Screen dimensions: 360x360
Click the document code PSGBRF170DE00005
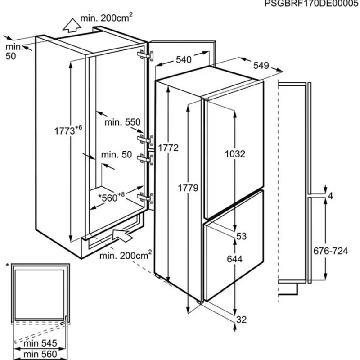(312, 4)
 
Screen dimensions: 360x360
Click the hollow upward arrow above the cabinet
(72, 25)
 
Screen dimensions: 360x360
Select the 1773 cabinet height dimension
(68, 130)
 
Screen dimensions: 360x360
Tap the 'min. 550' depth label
(122, 122)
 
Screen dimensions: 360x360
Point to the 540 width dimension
(184, 60)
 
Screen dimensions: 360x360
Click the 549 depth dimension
(261, 66)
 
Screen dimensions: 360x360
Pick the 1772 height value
(168, 148)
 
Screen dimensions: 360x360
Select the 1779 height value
(188, 188)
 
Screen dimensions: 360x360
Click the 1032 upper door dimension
(235, 154)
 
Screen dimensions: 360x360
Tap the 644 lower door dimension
(234, 259)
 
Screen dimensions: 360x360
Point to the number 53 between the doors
(241, 236)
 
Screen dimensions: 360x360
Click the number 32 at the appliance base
(241, 319)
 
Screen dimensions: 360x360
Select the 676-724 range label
(331, 251)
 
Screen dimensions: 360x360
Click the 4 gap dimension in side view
(331, 196)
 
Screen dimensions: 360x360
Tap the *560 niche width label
(111, 197)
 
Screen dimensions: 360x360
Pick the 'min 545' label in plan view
(40, 343)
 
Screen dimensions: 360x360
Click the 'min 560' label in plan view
(40, 354)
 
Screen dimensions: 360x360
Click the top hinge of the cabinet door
(145, 55)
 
